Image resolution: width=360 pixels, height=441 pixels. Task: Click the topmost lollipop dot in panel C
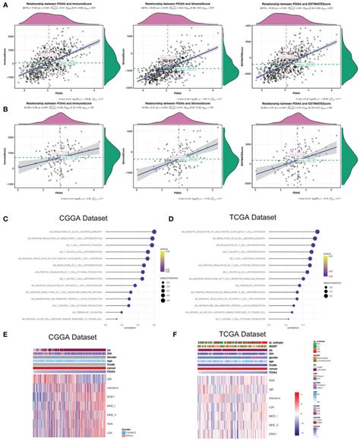pos(154,232)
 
